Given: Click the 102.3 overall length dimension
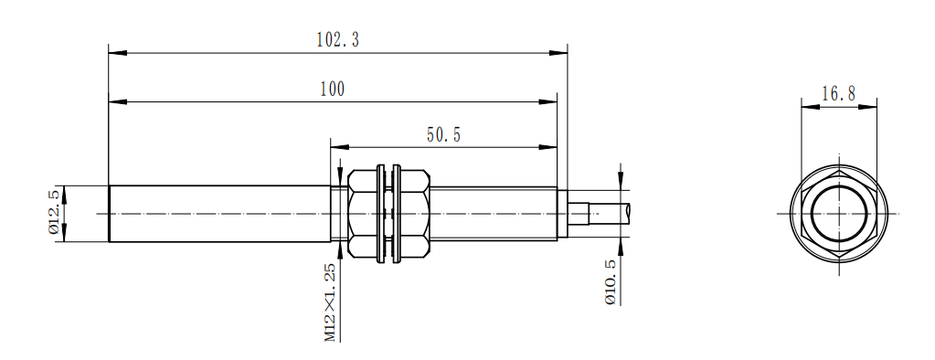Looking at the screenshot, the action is click(x=337, y=40).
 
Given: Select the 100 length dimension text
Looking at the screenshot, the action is click(x=332, y=90).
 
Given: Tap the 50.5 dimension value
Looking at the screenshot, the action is click(x=443, y=135).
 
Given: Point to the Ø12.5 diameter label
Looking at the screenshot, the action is click(x=54, y=213).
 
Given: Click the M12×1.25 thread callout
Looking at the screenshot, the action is click(x=330, y=302).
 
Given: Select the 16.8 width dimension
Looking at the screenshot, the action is click(x=839, y=93).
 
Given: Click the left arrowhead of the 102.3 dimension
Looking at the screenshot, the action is click(x=118, y=53).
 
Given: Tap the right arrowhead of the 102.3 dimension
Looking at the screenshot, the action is click(x=558, y=53).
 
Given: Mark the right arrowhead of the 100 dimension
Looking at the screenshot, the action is click(x=548, y=102).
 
